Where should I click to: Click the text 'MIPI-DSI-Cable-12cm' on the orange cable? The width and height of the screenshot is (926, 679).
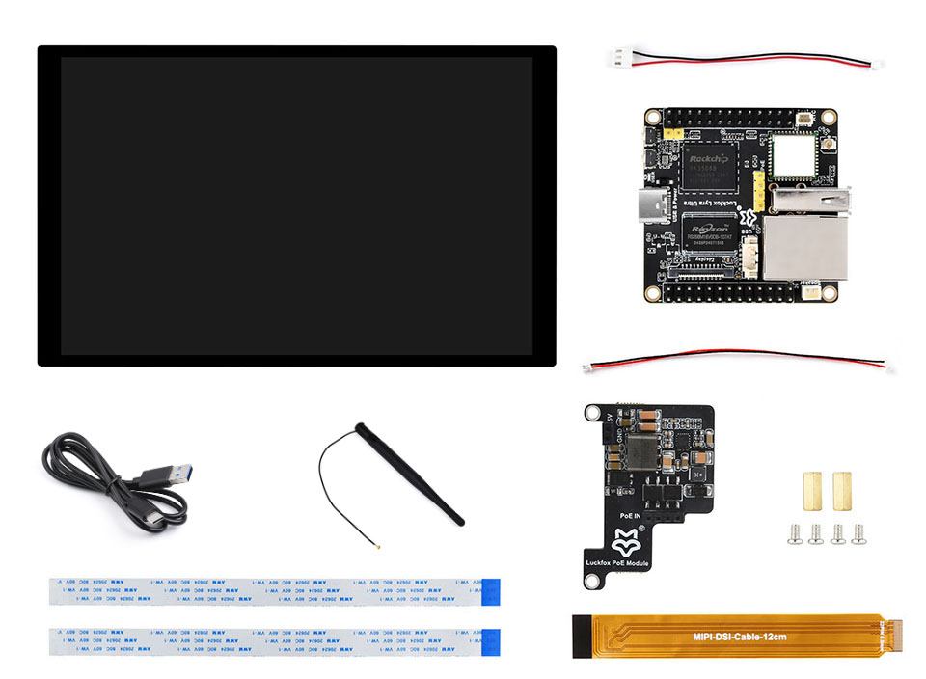pyautogui.click(x=741, y=638)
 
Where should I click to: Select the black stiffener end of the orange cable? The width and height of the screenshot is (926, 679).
pyautogui.click(x=581, y=638)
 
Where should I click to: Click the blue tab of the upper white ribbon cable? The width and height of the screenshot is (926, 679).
pyautogui.click(x=490, y=591)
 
